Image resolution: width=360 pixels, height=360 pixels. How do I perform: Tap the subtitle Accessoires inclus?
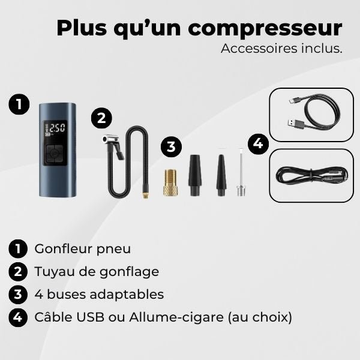click(281, 49)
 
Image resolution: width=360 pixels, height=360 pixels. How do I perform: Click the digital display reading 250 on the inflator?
click(58, 128)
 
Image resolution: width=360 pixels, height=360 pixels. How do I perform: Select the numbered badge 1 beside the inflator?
click(19, 104)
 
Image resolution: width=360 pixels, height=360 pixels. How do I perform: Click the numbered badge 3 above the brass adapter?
click(171, 146)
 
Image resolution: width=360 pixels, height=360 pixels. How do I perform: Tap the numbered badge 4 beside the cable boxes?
click(258, 144)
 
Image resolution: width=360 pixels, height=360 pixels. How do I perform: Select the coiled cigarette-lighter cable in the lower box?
click(310, 175)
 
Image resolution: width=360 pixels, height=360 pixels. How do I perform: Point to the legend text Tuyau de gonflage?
click(97, 271)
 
